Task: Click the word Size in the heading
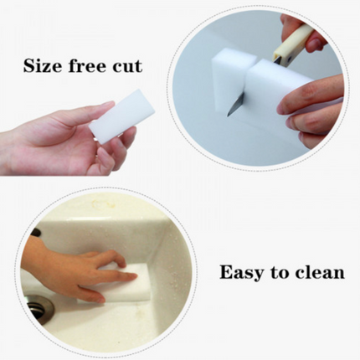pos(43,65)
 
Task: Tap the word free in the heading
pos(87,65)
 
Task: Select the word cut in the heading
pos(127,66)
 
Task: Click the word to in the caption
pos(280,272)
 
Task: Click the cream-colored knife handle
pos(291,41)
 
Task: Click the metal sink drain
pos(40,309)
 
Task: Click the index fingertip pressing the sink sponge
pos(131,277)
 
